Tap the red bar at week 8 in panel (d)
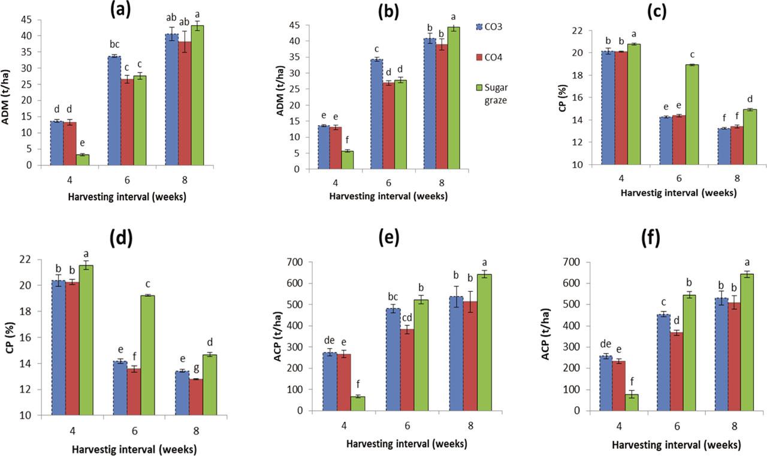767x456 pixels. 195,397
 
